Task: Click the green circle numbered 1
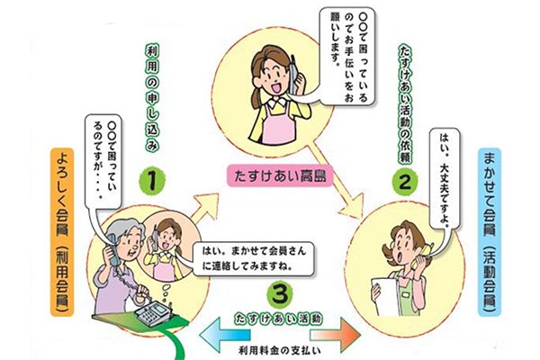click(x=152, y=182)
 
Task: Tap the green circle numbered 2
click(x=405, y=182)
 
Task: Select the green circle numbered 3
click(x=280, y=294)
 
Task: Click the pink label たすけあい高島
click(x=280, y=176)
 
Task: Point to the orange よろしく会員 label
click(x=62, y=232)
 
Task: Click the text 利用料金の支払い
click(x=280, y=351)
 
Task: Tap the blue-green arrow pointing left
click(x=224, y=335)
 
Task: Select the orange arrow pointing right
click(x=335, y=335)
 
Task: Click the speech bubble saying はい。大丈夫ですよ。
click(x=445, y=179)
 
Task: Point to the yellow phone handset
click(x=421, y=255)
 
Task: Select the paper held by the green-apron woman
click(x=384, y=295)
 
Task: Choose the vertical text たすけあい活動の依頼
click(x=405, y=104)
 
